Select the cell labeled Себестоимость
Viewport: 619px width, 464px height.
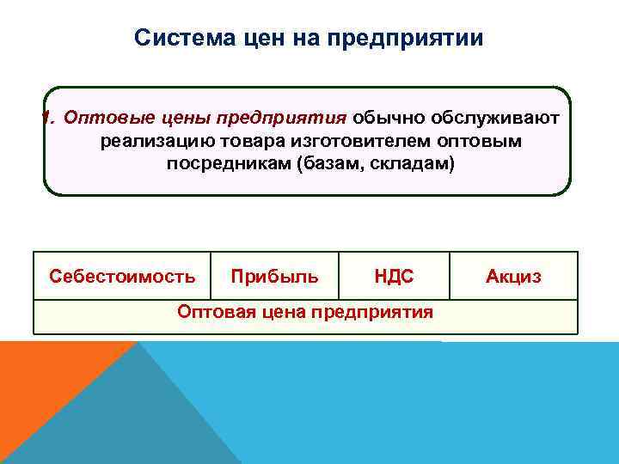[122, 276]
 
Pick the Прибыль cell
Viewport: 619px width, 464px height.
[274, 276]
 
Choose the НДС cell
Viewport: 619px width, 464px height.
[394, 276]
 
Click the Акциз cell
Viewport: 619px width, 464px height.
[513, 276]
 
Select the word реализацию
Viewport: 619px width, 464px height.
[148, 140]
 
